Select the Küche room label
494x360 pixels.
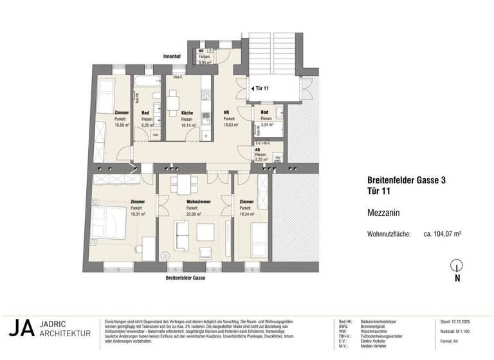pyautogui.click(x=187, y=113)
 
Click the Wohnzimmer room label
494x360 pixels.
pyautogui.click(x=191, y=202)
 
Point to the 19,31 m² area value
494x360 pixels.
pyautogui.click(x=138, y=215)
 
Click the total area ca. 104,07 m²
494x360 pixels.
pyautogui.click(x=443, y=235)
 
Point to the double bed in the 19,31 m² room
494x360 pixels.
pyautogui.click(x=107, y=222)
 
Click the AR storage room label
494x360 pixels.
pyautogui.click(x=258, y=148)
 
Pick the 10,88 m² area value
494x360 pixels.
pyautogui.click(x=122, y=126)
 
